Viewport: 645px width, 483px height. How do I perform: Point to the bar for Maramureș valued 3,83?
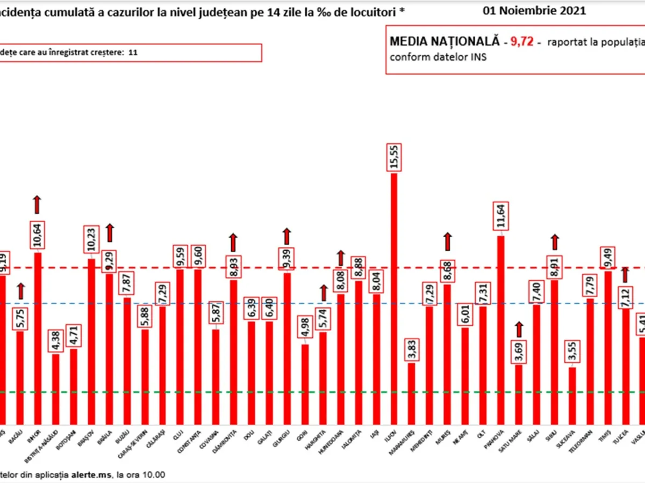tap(411, 393)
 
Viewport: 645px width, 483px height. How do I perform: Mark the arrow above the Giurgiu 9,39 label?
tap(286, 236)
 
